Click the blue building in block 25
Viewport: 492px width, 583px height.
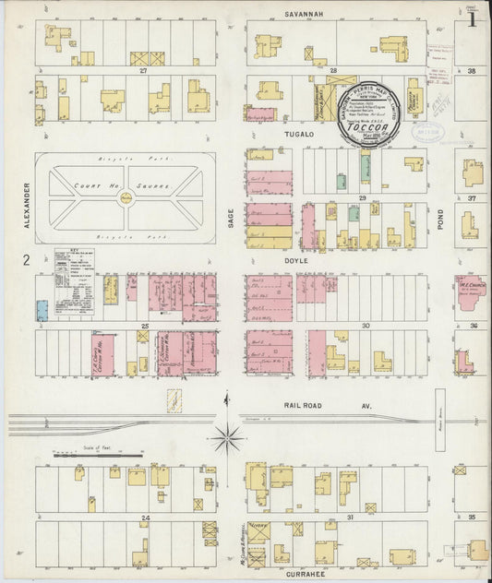tap(42, 309)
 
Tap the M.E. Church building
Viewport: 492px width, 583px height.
tap(470, 290)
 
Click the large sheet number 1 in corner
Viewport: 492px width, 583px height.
tap(472, 18)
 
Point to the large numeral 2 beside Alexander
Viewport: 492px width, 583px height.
tap(27, 260)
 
